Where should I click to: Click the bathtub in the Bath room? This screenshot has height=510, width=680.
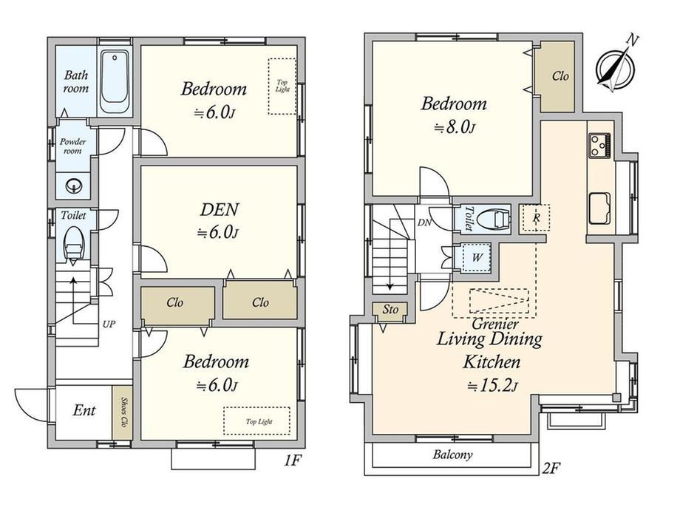(x=115, y=82)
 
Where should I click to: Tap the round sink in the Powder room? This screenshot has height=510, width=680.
(x=72, y=186)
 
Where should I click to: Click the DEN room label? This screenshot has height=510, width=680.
(x=219, y=210)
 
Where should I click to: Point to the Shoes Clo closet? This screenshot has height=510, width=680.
(x=122, y=412)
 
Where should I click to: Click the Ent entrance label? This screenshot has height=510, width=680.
(x=84, y=410)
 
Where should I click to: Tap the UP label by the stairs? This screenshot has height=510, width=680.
(x=109, y=324)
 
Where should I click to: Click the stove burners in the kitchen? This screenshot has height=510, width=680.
(x=599, y=146)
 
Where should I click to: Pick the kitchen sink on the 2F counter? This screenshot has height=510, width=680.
(x=599, y=208)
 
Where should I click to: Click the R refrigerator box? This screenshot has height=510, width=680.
(x=536, y=218)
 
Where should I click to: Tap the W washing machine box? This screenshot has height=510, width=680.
(x=477, y=257)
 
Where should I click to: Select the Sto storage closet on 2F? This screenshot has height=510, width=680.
(x=390, y=310)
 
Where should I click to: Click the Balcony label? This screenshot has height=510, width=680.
(x=452, y=455)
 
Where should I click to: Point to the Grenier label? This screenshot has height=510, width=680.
(x=494, y=324)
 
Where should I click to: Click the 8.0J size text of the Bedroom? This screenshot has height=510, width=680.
(x=454, y=127)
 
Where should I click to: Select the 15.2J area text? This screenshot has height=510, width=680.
(x=492, y=386)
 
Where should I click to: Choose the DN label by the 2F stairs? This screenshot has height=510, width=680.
(x=424, y=223)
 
